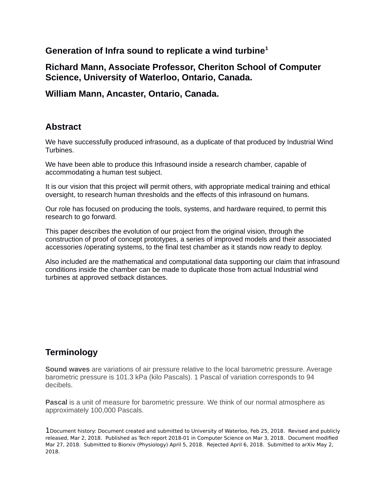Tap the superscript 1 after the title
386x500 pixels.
pos(266,48)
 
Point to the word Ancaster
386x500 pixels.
pos(122,94)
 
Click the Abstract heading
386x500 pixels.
pos(63,127)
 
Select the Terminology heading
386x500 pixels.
pos(71,352)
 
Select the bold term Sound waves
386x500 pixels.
pos(68,369)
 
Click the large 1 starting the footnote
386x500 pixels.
pos(48,430)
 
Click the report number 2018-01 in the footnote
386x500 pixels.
pos(179,438)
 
